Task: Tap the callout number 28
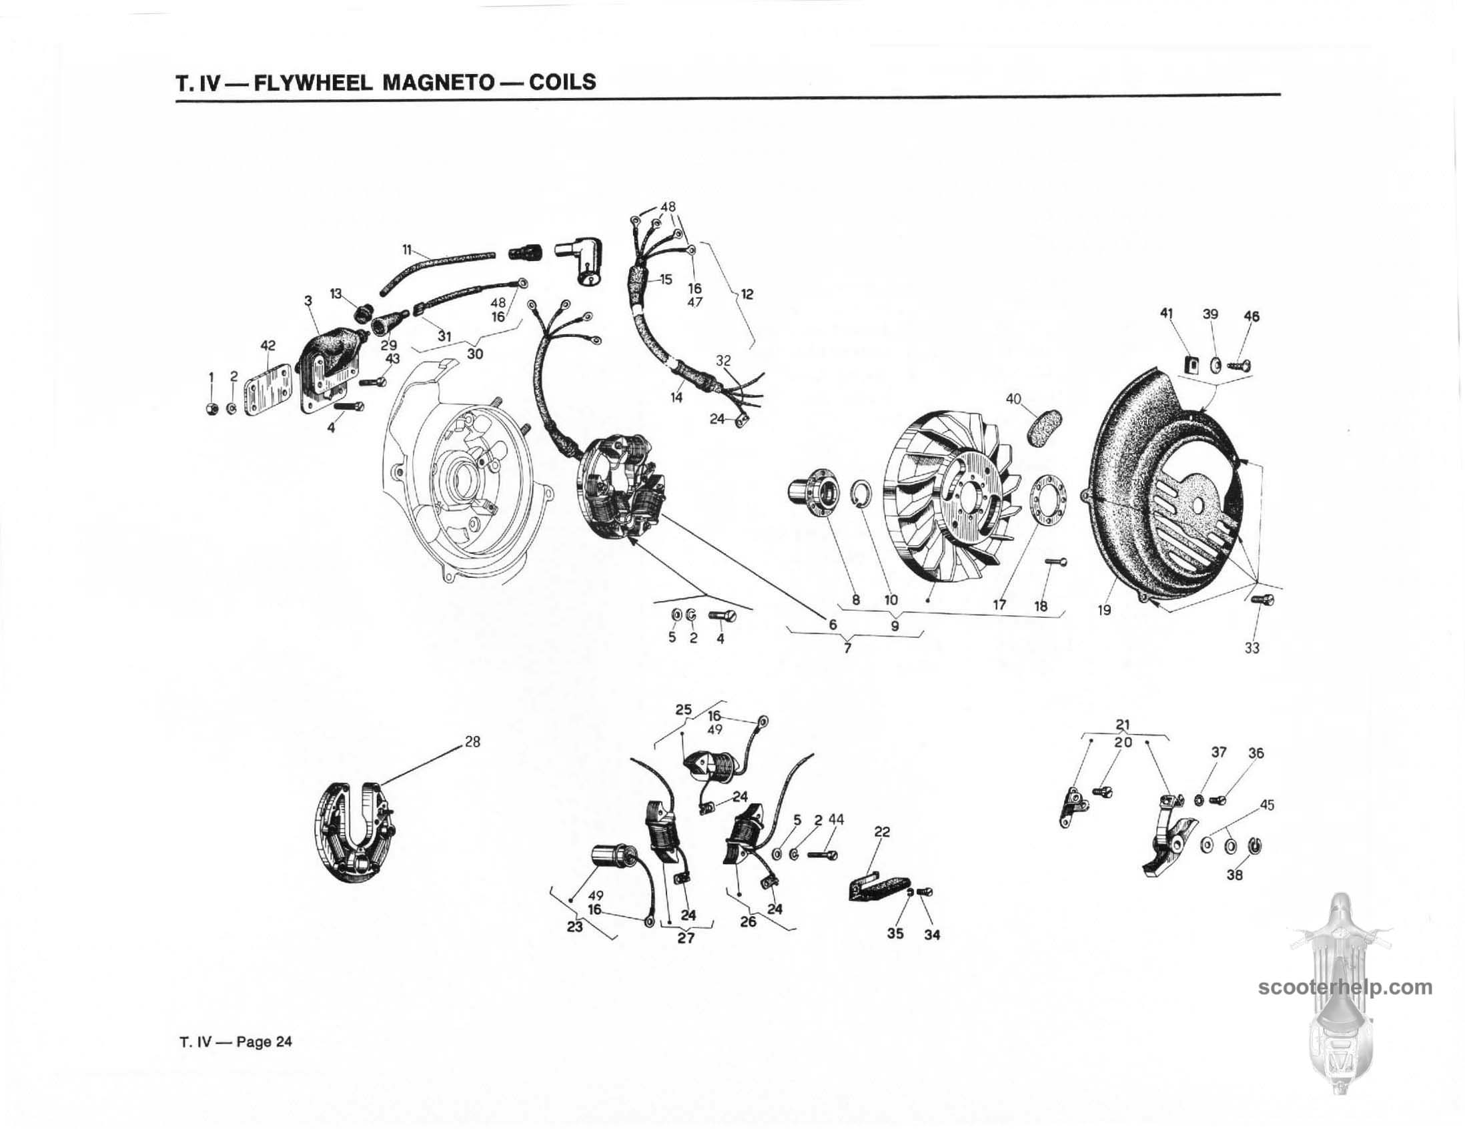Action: (472, 743)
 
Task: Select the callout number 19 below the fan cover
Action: (1104, 610)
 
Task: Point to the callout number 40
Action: (1013, 399)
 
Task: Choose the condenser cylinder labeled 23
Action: (608, 857)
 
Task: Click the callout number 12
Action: (747, 294)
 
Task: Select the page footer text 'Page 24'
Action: (264, 1042)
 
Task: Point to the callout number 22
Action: (882, 832)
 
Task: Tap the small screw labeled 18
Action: (1056, 561)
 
